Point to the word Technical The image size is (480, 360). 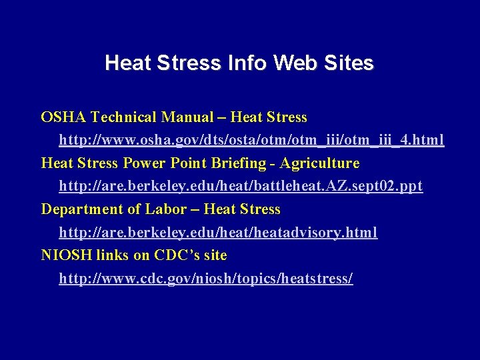[x=124, y=117]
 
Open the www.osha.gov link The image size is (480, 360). [x=251, y=141]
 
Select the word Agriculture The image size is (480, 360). [x=319, y=163]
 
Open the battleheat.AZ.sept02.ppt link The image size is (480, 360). [x=241, y=187]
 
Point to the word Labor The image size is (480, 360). [x=166, y=209]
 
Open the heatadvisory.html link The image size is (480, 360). [x=218, y=233]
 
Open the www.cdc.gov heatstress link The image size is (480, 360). [x=206, y=279]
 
